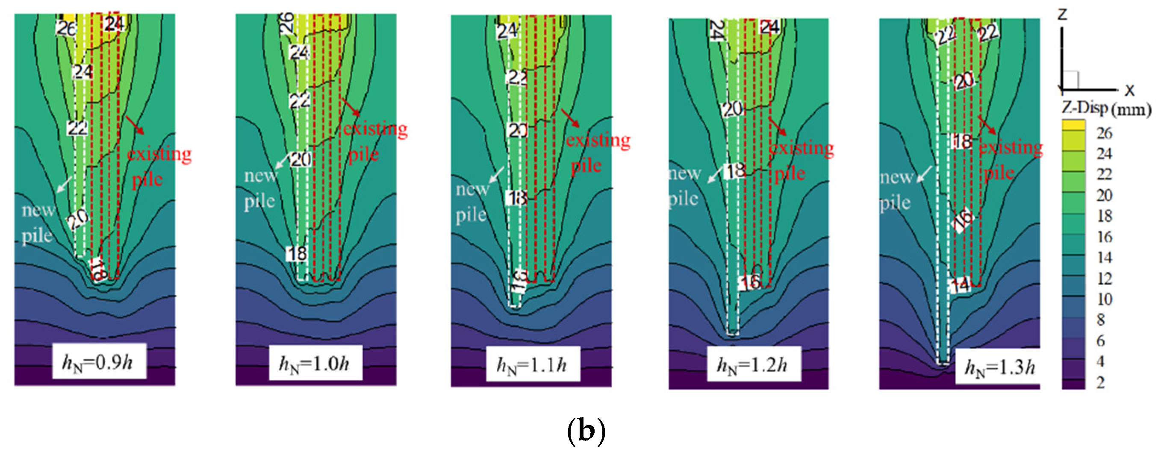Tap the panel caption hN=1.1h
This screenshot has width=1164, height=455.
(532, 365)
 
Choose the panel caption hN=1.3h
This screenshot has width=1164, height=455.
(1000, 367)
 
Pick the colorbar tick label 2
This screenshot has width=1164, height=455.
(1101, 383)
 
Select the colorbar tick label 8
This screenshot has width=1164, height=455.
(1101, 320)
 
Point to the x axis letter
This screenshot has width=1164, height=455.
(1130, 90)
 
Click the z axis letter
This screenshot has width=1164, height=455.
(1062, 15)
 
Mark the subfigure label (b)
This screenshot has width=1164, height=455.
(586, 431)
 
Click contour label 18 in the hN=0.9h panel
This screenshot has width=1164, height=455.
(97, 270)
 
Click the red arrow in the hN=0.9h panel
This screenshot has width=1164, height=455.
(135, 125)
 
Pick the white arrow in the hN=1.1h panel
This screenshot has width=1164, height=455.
(497, 174)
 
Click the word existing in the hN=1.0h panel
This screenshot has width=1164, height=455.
(375, 129)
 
